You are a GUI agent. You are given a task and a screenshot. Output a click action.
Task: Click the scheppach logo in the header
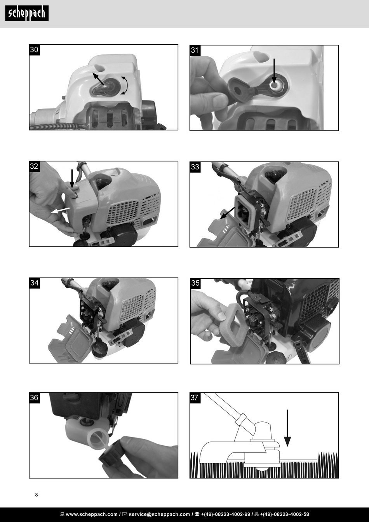27,13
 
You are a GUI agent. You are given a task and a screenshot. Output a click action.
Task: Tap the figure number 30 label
35,50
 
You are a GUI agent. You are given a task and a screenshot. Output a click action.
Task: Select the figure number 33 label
195,167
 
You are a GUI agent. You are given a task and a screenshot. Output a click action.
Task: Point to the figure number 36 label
35,398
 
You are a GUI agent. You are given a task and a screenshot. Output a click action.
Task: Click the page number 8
37,495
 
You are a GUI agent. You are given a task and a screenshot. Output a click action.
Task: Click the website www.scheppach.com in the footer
92,514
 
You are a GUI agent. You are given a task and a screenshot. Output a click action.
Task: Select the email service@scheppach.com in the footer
159,514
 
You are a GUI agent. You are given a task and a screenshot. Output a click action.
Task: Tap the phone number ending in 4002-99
225,514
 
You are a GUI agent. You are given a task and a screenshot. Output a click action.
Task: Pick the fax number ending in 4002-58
284,514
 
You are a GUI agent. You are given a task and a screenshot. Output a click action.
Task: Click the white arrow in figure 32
60,211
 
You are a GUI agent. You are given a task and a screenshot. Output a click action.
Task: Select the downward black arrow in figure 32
72,179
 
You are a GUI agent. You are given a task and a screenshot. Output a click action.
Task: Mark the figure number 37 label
195,398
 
